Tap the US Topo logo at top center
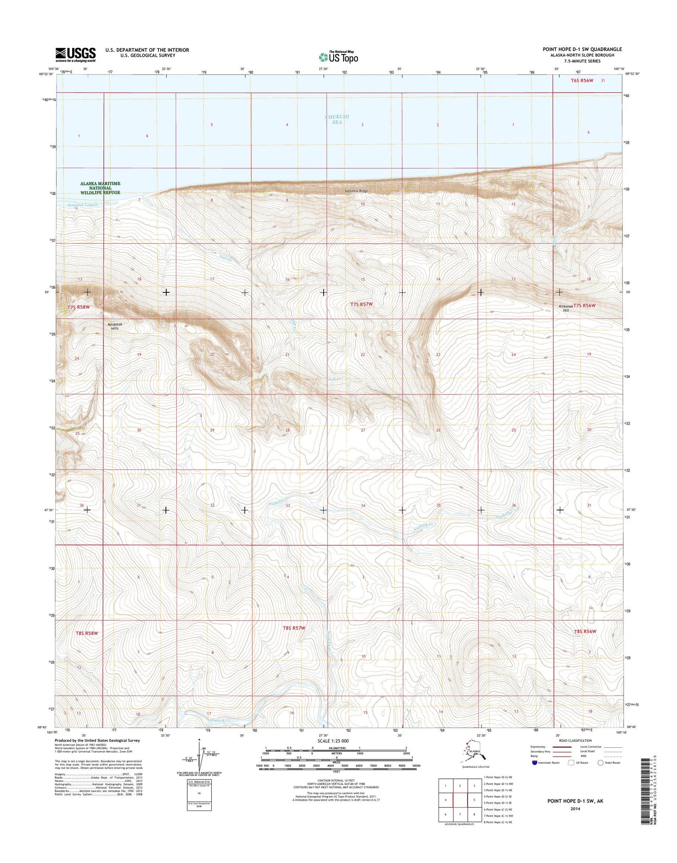(338, 57)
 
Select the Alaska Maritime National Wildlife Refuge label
(100, 188)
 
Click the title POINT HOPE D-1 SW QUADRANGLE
(582, 49)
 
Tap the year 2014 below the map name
(575, 808)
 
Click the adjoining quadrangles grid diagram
(460, 802)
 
